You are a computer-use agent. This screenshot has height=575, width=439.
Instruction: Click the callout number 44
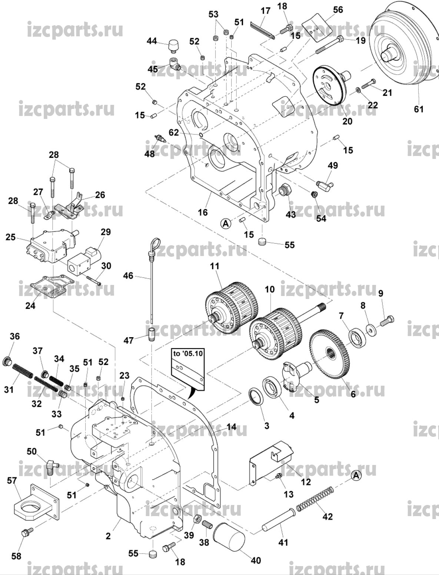152,41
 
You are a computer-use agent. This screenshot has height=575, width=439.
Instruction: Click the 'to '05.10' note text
188,353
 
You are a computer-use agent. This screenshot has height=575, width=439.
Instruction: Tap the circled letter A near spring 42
356,475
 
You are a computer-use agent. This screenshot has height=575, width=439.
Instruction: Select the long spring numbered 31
27,374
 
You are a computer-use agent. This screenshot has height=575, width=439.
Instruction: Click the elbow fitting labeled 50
51,464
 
